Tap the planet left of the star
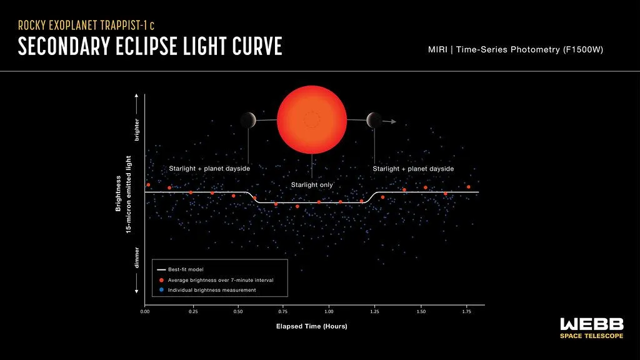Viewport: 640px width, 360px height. (x=248, y=119)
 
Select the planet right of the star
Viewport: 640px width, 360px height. (x=374, y=119)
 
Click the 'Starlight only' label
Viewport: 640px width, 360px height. (x=312, y=185)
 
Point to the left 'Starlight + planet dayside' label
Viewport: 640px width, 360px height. (x=209, y=169)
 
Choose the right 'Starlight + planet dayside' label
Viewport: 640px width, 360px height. (x=413, y=169)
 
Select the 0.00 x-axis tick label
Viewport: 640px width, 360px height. (x=145, y=311)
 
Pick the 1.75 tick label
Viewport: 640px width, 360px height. (x=466, y=311)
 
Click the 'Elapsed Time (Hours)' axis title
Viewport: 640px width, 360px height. (x=311, y=326)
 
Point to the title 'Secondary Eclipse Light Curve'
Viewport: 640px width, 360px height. (x=150, y=47)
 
